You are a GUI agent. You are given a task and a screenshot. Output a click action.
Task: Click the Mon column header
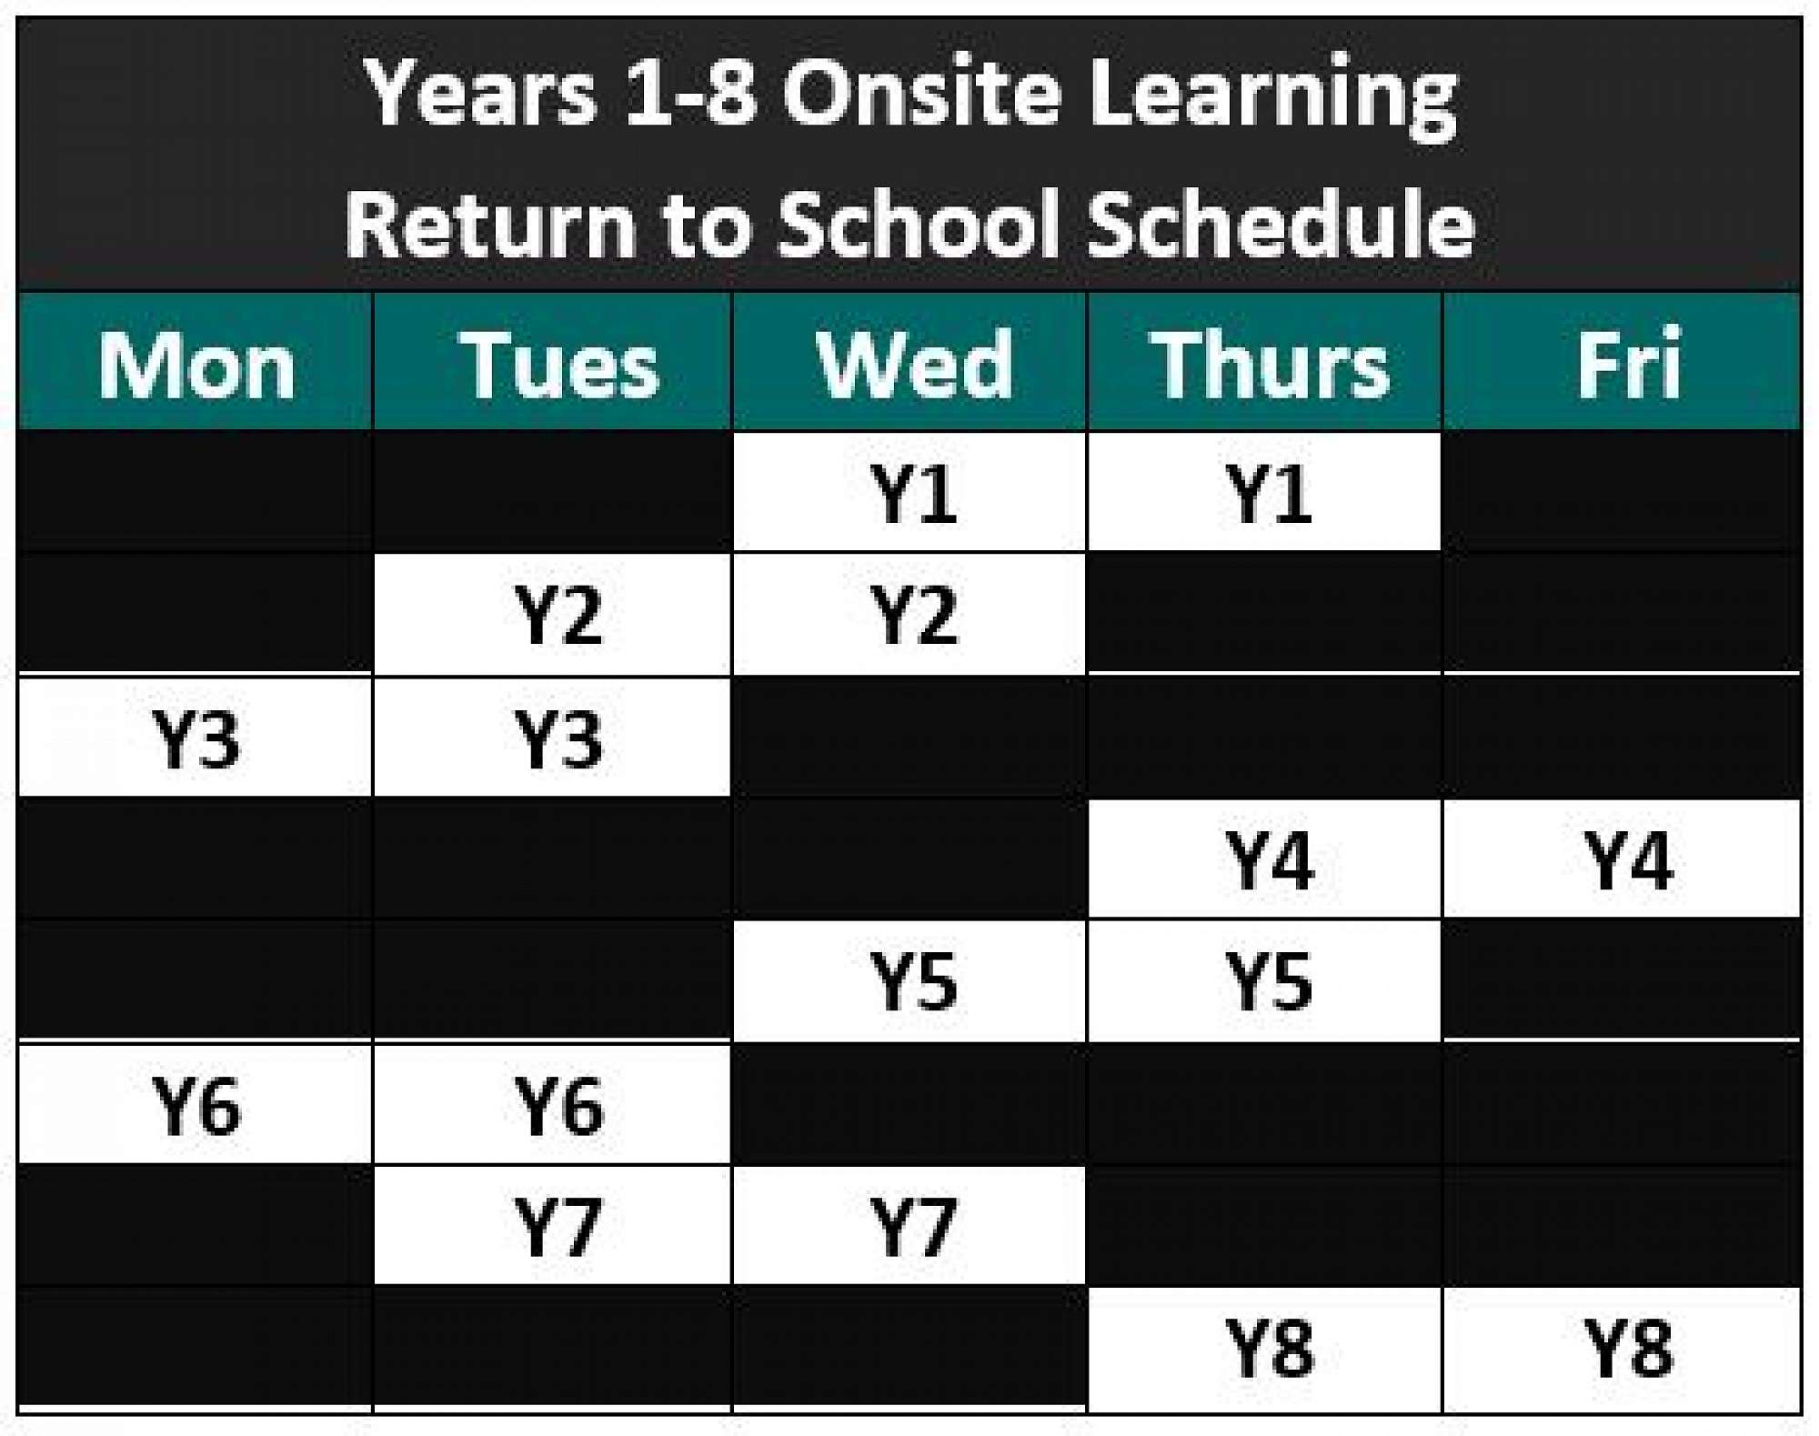pyautogui.click(x=196, y=361)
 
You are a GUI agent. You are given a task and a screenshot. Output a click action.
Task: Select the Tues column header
pyautogui.click(x=552, y=361)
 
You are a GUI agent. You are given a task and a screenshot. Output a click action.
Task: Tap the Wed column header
pyautogui.click(x=909, y=361)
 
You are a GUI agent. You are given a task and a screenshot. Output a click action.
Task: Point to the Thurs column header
pyautogui.click(x=1265, y=361)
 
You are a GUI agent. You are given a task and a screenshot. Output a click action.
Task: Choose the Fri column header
pyautogui.click(x=1622, y=361)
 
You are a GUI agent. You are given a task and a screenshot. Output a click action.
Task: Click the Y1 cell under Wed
pyautogui.click(x=909, y=492)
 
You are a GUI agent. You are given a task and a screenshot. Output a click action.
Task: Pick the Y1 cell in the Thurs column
pyautogui.click(x=1265, y=492)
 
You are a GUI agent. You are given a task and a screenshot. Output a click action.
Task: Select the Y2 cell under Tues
pyautogui.click(x=552, y=615)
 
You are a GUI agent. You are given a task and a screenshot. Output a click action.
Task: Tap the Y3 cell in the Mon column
pyautogui.click(x=196, y=738)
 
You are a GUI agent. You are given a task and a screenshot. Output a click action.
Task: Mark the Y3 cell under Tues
pyautogui.click(x=552, y=738)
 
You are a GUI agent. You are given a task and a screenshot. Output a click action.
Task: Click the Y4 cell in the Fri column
pyautogui.click(x=1622, y=859)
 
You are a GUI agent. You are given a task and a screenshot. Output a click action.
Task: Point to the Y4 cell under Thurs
pyautogui.click(x=1265, y=859)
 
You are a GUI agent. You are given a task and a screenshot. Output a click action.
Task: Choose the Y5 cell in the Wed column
pyautogui.click(x=909, y=981)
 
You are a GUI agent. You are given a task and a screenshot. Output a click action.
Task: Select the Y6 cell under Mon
pyautogui.click(x=196, y=1104)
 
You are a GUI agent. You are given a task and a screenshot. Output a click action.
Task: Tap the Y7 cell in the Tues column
pyautogui.click(x=552, y=1225)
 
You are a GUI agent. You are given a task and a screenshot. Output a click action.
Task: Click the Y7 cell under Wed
pyautogui.click(x=909, y=1225)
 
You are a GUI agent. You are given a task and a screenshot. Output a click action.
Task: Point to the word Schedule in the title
pyautogui.click(x=1281, y=224)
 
